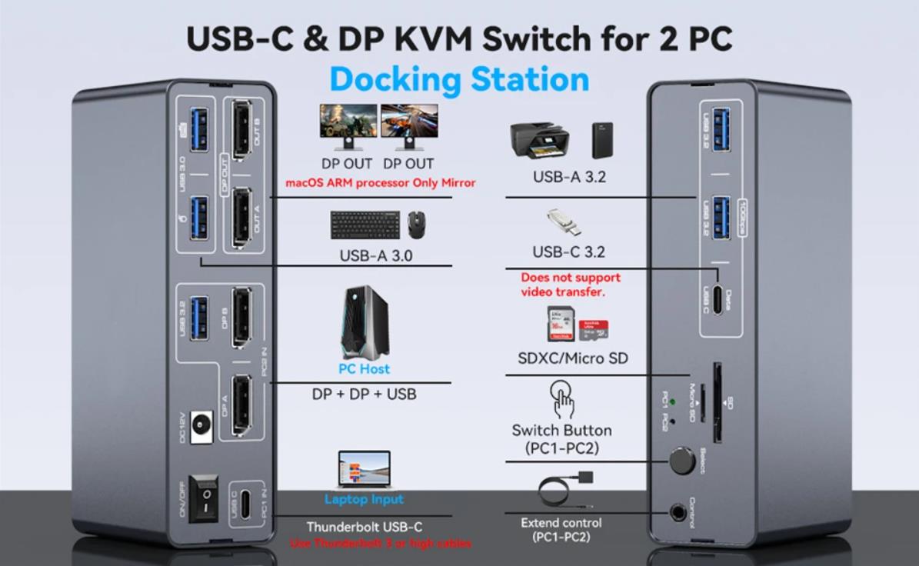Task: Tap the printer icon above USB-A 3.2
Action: (x=539, y=139)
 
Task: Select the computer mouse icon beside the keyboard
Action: (x=417, y=224)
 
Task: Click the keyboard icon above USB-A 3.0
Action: (x=365, y=225)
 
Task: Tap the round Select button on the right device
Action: (x=681, y=461)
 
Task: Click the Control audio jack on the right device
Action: (x=678, y=511)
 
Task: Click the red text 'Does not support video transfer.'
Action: (x=570, y=285)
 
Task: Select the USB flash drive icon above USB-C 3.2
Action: (x=564, y=222)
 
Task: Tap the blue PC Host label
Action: (x=364, y=369)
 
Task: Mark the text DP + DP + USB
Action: (x=364, y=394)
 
